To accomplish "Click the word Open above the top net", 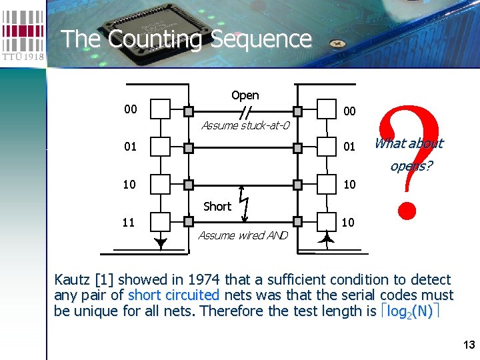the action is click(x=245, y=95).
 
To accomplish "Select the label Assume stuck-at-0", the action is click(x=245, y=125).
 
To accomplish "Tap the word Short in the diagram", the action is click(x=217, y=207).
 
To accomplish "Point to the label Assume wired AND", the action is click(x=243, y=235).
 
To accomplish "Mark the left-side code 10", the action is click(x=131, y=183).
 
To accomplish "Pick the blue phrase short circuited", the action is click(x=173, y=295).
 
